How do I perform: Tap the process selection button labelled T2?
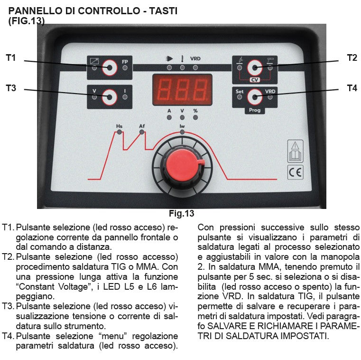[255, 68]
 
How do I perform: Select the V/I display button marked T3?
[110, 97]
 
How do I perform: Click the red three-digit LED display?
[182, 90]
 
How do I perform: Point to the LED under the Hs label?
[119, 132]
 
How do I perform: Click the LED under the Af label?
[142, 132]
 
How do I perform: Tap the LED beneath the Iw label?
[182, 132]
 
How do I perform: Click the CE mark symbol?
[296, 172]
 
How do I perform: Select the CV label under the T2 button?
[255, 80]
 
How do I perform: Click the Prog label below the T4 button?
[255, 110]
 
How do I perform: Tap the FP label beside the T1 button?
[125, 62]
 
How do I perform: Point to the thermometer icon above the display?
[182, 59]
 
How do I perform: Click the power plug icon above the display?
[169, 59]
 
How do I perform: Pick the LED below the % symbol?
[195, 117]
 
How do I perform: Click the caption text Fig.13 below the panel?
[182, 213]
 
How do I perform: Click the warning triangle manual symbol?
[296, 151]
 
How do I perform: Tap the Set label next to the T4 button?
[240, 91]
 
